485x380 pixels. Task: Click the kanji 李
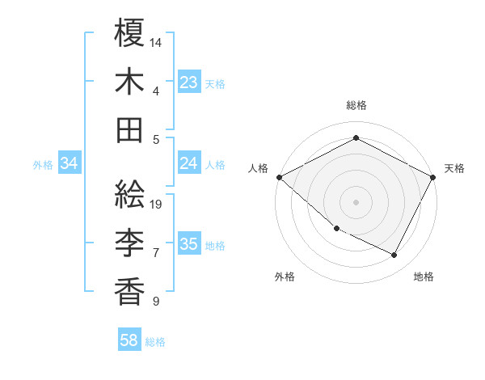[130, 242]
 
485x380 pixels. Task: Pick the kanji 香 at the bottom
[130, 290]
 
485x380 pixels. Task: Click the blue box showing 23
[189, 82]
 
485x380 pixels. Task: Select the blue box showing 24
[189, 163]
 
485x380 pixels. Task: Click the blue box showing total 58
[129, 341]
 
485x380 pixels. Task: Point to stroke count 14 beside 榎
[156, 41]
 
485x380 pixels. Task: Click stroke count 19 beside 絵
[156, 204]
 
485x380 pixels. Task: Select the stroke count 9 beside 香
[155, 301]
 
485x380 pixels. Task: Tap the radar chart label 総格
[356, 105]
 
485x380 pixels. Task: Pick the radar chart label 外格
[285, 277]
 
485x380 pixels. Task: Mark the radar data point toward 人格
[279, 177]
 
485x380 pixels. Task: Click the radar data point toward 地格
[394, 255]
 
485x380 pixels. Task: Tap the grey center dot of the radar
[356, 201]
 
